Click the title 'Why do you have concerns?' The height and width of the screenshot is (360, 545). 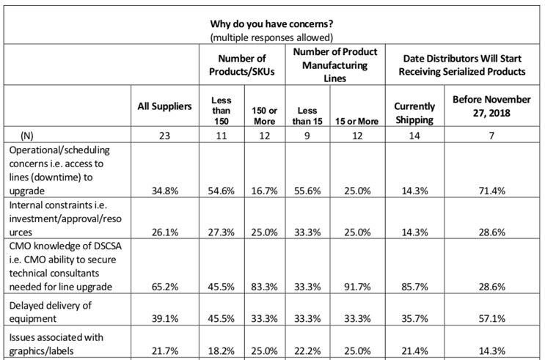point(271,23)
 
